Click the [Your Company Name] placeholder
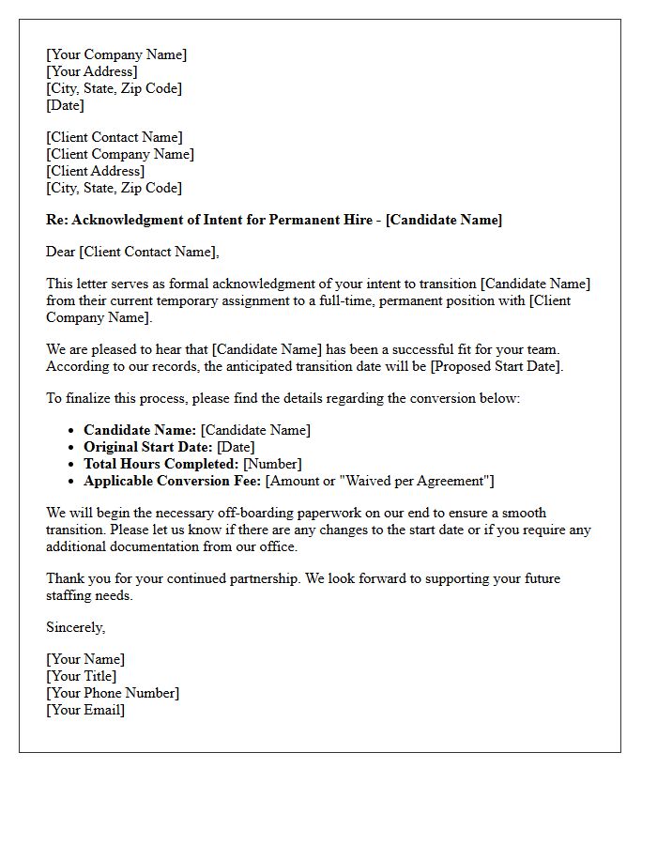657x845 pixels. pyautogui.click(x=116, y=54)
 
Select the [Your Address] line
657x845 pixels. pyautogui.click(x=92, y=71)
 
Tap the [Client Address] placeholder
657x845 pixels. pyautogui.click(x=96, y=171)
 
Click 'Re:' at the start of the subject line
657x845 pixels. pyautogui.click(x=57, y=220)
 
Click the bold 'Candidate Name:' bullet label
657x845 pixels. pyautogui.click(x=140, y=430)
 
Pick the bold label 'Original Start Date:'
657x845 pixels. pyautogui.click(x=148, y=447)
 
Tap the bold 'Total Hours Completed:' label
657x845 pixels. pyautogui.click(x=161, y=464)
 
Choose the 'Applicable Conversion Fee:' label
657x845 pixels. pyautogui.click(x=173, y=481)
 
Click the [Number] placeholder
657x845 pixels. pyautogui.click(x=272, y=464)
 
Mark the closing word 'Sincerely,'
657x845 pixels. pyautogui.click(x=76, y=627)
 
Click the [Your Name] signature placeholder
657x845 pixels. pyautogui.click(x=85, y=659)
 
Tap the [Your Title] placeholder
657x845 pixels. pyautogui.click(x=82, y=676)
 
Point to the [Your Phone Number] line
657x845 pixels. pyautogui.click(x=113, y=693)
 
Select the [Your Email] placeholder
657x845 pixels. pyautogui.click(x=85, y=710)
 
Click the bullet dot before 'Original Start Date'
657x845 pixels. pyautogui.click(x=71, y=448)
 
